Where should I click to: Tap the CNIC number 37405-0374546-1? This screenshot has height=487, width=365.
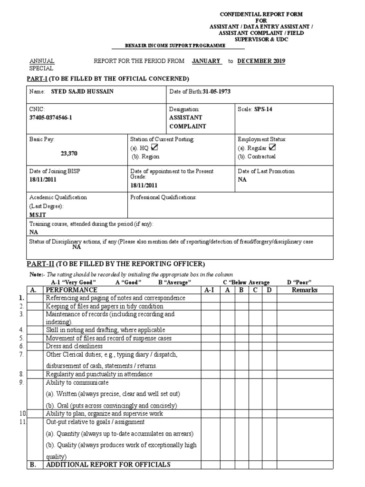click(51, 118)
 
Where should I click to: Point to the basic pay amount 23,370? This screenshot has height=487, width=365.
click(69, 154)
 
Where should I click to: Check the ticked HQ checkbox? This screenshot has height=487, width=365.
click(154, 148)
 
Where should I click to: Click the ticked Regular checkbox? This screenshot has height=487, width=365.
click(272, 148)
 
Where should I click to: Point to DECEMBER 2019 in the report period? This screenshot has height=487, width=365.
click(261, 61)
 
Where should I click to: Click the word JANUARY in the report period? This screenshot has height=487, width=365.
click(206, 61)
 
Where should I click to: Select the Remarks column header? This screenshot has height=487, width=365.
click(305, 290)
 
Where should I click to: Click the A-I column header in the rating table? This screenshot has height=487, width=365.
click(210, 290)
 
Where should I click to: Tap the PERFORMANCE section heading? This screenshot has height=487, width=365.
click(72, 290)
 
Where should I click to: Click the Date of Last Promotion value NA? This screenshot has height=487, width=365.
click(242, 180)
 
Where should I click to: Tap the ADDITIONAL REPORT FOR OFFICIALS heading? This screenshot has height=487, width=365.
click(108, 465)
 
